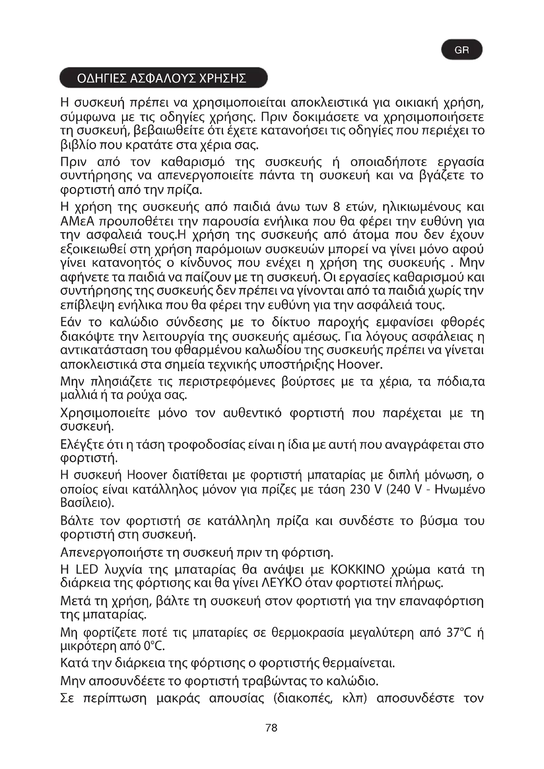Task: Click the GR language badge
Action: (x=461, y=50)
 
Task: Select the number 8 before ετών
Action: (x=337, y=207)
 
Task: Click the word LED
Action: (x=87, y=569)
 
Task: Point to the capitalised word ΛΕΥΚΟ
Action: (x=281, y=583)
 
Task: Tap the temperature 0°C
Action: (x=154, y=646)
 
